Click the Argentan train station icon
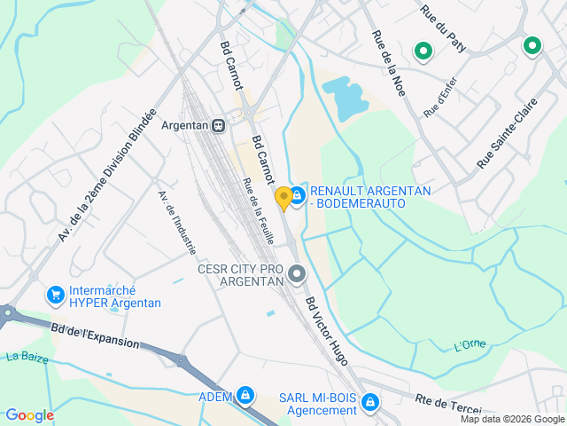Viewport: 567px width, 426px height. (x=218, y=125)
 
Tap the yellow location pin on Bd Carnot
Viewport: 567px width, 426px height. (x=283, y=198)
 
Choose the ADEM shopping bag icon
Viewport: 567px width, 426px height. (x=245, y=395)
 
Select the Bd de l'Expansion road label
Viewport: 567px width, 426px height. (x=95, y=335)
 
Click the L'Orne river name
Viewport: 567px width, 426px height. (x=470, y=344)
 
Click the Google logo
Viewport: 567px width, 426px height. (x=29, y=414)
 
